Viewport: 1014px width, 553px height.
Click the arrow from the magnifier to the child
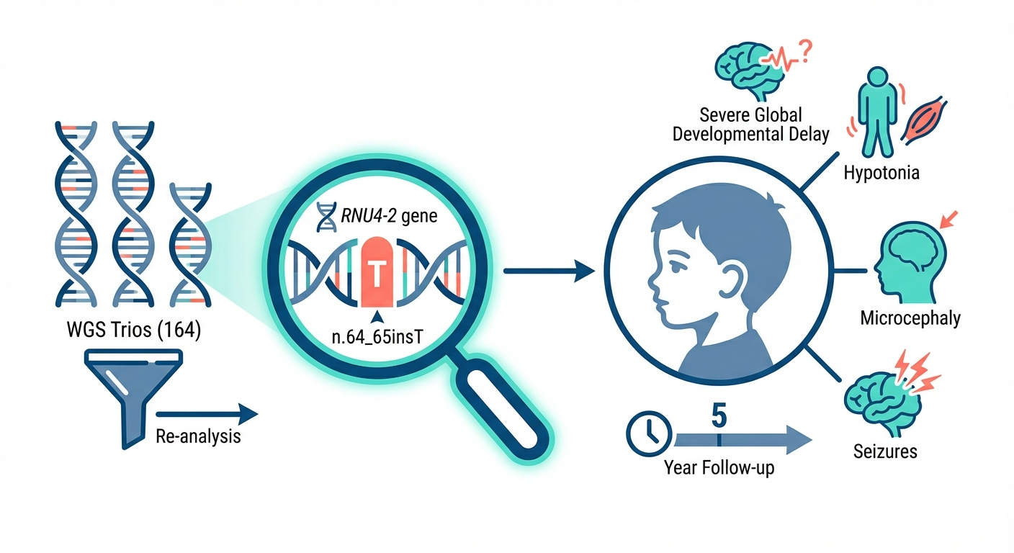pos(547,271)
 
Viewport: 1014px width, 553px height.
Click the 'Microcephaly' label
pos(910,318)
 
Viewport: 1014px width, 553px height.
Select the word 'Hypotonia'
pos(884,174)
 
